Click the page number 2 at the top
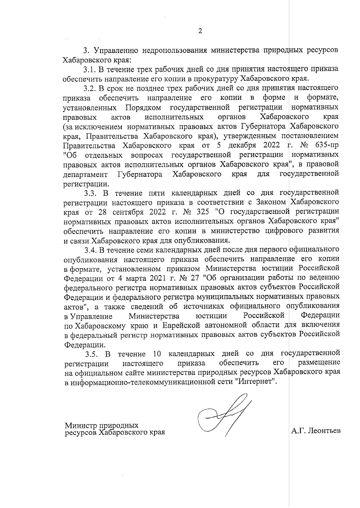point(200,31)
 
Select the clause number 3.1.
point(89,69)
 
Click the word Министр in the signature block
point(81,426)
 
